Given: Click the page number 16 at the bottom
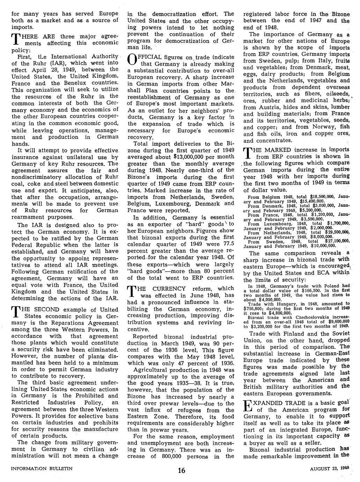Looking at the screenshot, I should [x=181, y=470].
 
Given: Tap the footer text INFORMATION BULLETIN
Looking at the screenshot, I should [x=42, y=469].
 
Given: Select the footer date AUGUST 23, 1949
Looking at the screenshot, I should [x=329, y=469].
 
